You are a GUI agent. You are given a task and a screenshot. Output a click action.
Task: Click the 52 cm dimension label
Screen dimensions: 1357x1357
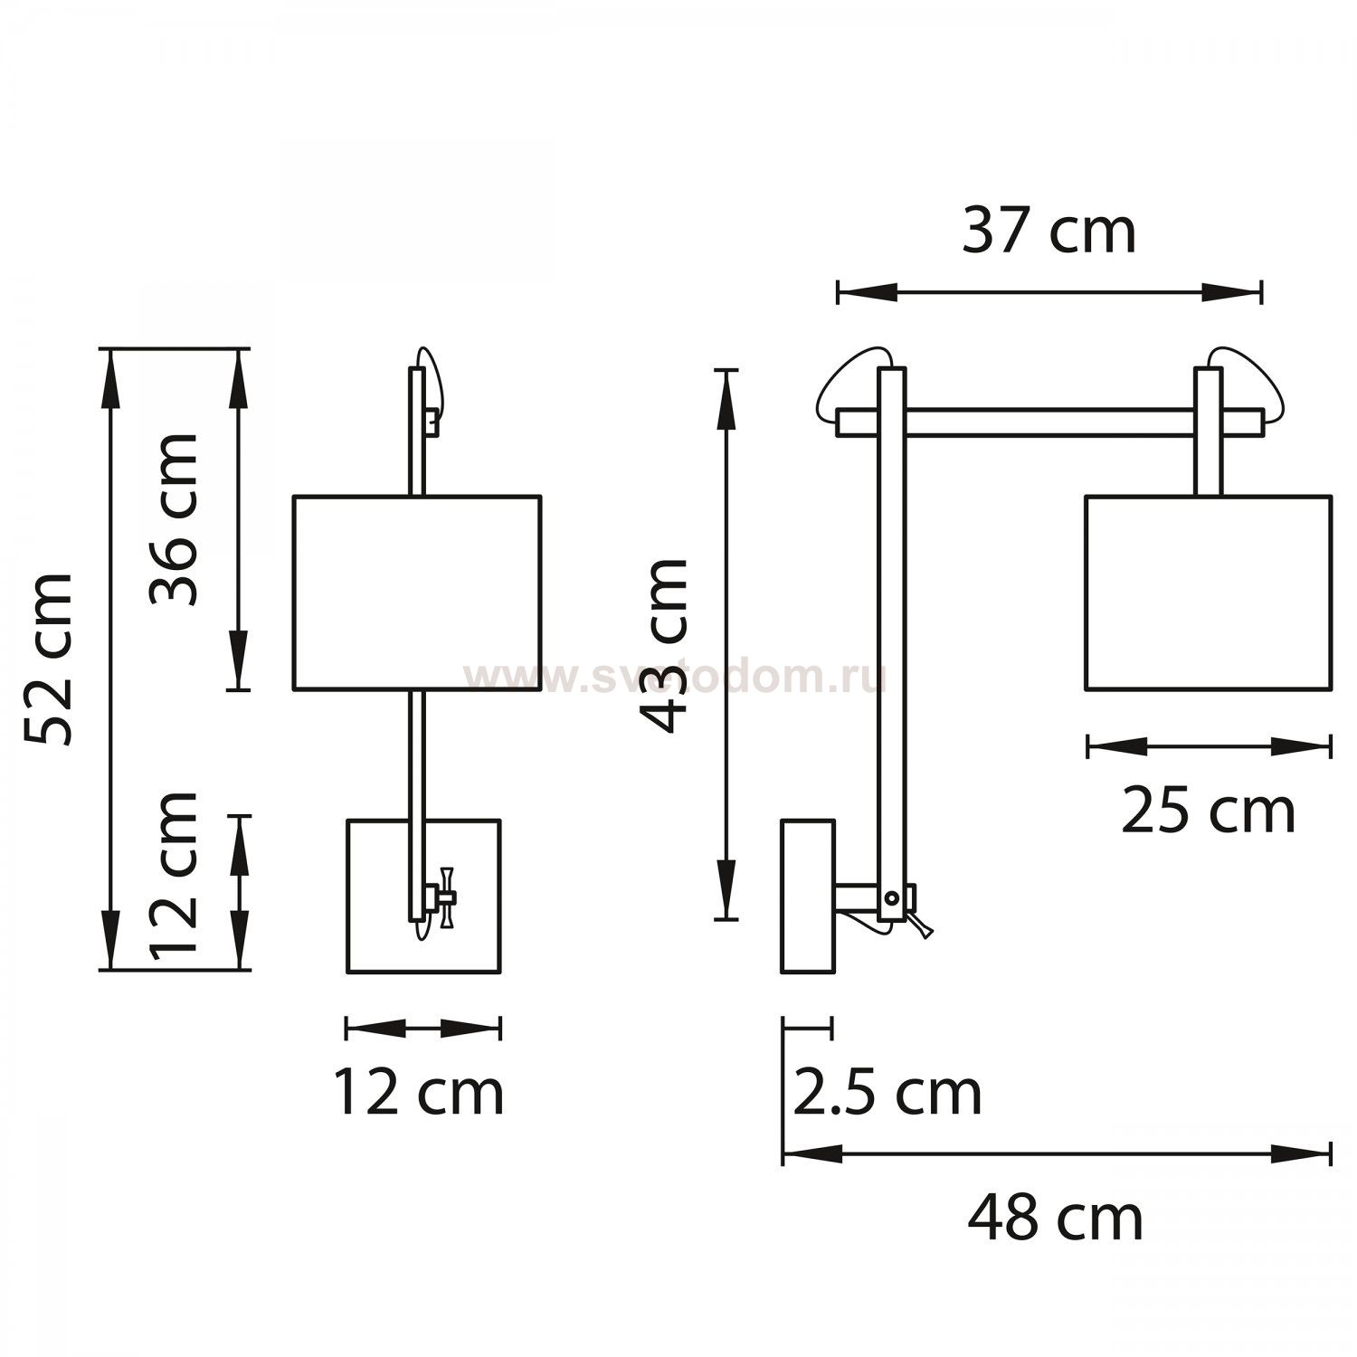[x=48, y=659]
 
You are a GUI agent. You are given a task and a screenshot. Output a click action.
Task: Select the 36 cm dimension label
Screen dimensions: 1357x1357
[x=174, y=519]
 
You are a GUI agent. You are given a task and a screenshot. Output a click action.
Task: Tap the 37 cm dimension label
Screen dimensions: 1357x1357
[x=1049, y=231]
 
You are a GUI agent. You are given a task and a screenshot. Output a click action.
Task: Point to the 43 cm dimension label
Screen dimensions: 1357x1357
[x=664, y=645]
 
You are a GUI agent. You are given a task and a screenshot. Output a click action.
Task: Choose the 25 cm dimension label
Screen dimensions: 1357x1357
[x=1208, y=811]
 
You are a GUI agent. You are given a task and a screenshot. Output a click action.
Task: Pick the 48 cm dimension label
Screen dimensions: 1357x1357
[x=1055, y=1219]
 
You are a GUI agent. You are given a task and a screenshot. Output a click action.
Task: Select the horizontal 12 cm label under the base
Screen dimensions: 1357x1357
[x=419, y=1092]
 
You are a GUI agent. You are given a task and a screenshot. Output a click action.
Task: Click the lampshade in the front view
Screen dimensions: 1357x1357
[x=417, y=593]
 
